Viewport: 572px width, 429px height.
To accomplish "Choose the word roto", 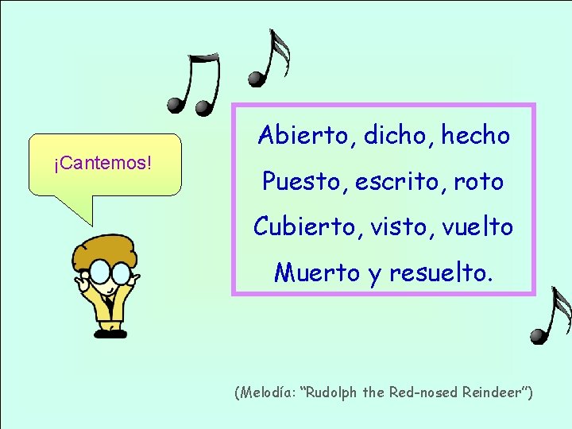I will (480, 182).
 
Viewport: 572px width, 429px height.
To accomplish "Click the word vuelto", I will (477, 227).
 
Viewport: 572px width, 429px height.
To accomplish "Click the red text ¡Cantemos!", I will (102, 164).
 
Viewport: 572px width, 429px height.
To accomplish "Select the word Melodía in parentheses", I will (269, 393).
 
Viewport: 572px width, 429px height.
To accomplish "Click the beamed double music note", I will (195, 84).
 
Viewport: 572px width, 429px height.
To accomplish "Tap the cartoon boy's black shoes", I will (106, 333).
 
